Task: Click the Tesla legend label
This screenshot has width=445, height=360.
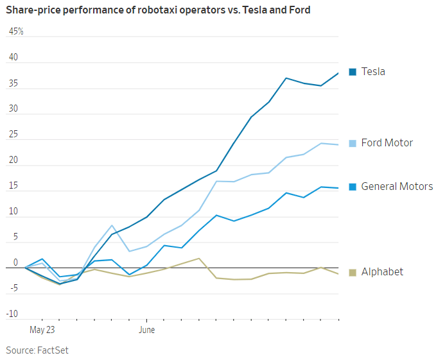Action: [x=373, y=71]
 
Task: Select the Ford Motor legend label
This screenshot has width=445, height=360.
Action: [x=387, y=142]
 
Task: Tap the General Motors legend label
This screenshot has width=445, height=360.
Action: [x=397, y=187]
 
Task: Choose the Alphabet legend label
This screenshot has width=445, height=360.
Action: [x=382, y=271]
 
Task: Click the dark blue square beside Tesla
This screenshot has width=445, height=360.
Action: [x=353, y=71]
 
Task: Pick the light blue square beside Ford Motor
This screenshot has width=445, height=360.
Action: [x=353, y=142]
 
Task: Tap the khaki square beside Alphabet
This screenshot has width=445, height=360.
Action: [x=353, y=272]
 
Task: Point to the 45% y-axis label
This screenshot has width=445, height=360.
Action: [x=16, y=31]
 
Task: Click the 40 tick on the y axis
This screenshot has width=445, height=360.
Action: [x=13, y=58]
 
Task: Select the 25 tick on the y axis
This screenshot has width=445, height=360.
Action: [x=13, y=135]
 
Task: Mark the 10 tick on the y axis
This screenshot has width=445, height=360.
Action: [x=13, y=212]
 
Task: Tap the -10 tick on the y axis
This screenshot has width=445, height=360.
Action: [x=12, y=314]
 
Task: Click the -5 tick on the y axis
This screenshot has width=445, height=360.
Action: [x=13, y=288]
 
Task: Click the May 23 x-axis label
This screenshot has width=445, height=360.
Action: [x=42, y=330]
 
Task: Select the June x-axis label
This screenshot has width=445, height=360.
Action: [x=146, y=330]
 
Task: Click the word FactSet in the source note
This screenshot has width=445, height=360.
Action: [x=53, y=350]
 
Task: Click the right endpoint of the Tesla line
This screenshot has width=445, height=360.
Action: [x=338, y=73]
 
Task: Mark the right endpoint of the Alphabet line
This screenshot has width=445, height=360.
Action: [x=338, y=274]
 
